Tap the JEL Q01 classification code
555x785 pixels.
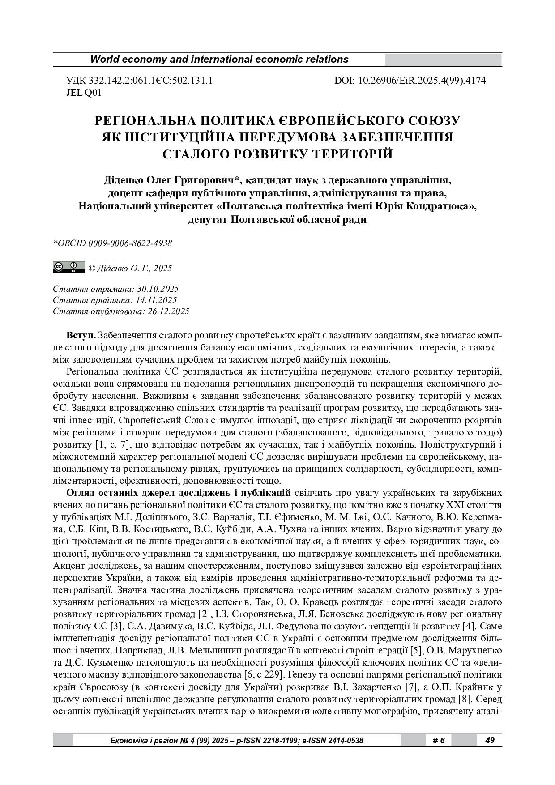(84, 93)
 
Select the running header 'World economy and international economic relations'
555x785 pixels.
(219, 60)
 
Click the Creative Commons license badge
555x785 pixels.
(69, 267)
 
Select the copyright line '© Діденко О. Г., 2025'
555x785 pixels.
(130, 269)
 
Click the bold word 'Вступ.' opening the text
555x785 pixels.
(81, 336)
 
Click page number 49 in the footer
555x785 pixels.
(490, 740)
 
